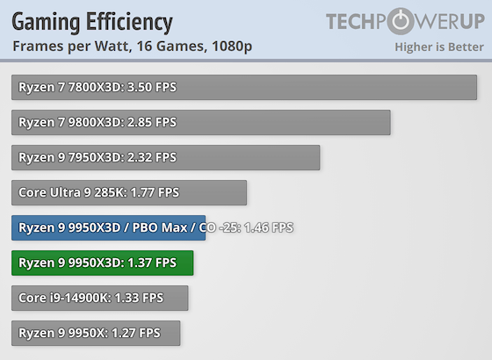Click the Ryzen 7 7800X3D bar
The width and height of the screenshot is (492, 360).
(x=244, y=87)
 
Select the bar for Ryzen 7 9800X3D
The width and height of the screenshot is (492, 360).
(x=201, y=122)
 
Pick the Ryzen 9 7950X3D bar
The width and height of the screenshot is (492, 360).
(x=166, y=157)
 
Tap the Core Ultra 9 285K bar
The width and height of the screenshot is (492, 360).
(x=129, y=192)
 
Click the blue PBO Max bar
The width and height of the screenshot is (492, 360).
(x=109, y=227)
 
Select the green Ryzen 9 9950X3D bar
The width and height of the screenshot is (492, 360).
(x=102, y=263)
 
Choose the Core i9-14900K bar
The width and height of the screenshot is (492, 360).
(x=100, y=298)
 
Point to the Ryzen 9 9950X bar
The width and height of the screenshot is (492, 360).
(x=96, y=333)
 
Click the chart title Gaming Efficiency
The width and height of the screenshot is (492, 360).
(x=92, y=23)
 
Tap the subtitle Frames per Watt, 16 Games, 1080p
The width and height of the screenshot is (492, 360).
(x=132, y=47)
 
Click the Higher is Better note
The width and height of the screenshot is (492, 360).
(x=439, y=47)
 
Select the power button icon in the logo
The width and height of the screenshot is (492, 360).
(x=401, y=21)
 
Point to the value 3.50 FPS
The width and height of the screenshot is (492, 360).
(x=152, y=87)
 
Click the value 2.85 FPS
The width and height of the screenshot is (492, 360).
(x=152, y=122)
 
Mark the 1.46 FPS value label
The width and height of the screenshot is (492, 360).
(x=269, y=227)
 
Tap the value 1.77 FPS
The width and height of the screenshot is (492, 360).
(x=155, y=192)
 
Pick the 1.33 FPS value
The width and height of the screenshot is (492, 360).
(x=139, y=298)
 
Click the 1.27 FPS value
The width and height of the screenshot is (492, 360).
(x=136, y=333)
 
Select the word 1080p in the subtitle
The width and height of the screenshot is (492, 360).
(x=232, y=47)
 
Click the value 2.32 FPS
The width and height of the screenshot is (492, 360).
(x=152, y=157)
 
